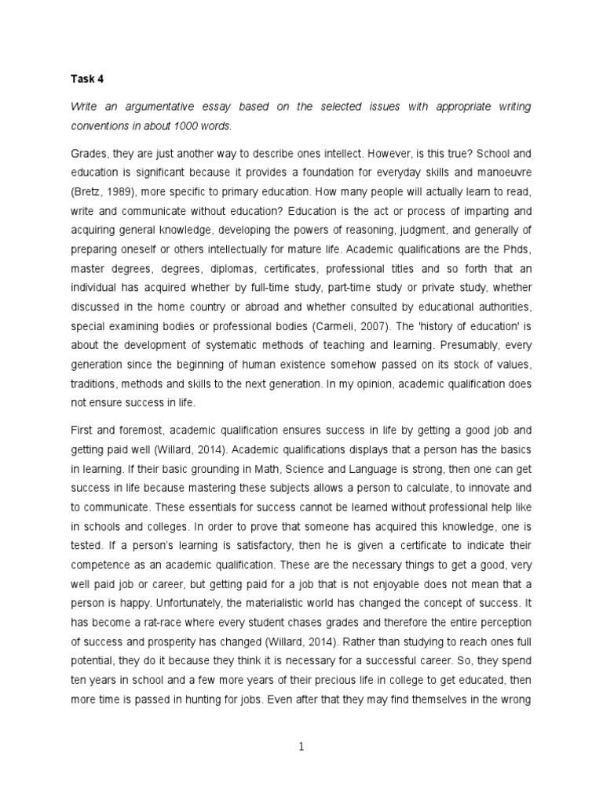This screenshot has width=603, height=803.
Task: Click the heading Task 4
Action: pos(84,78)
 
